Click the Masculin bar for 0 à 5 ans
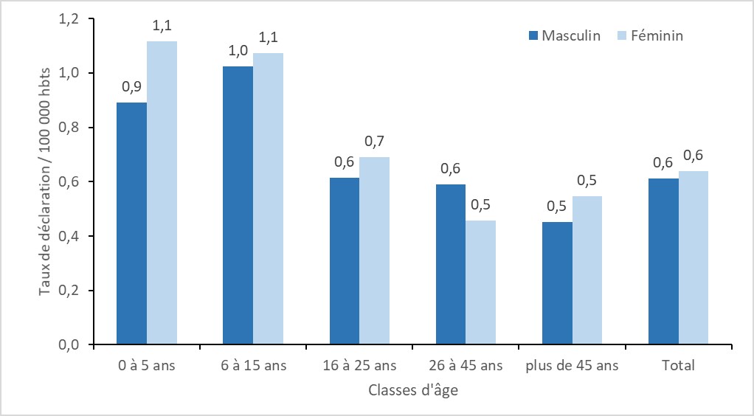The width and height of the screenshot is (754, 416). tap(131, 223)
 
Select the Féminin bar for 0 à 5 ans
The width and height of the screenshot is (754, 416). tap(162, 193)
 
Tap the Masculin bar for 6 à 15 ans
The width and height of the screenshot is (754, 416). tap(238, 205)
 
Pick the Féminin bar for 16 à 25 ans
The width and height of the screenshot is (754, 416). tap(374, 251)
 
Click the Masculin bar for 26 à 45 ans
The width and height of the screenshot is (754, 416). tap(450, 264)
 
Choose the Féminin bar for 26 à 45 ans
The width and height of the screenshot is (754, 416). tap(480, 282)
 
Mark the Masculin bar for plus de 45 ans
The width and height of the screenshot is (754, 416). tap(557, 283)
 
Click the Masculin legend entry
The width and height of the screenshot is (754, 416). tap(564, 35)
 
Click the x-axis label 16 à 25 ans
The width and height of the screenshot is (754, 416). tap(359, 365)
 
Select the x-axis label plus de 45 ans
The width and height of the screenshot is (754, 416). tap(572, 365)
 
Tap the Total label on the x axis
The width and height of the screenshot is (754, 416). tap(679, 365)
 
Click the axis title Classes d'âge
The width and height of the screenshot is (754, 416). tap(412, 390)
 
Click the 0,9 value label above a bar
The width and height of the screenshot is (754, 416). tap(131, 88)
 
